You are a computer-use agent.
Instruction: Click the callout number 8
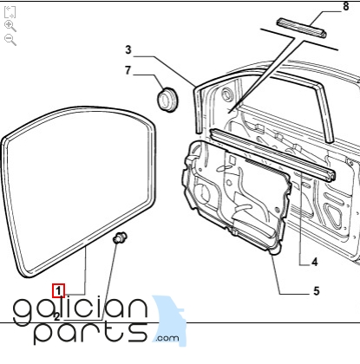(x=346, y=6)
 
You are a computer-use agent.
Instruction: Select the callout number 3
(x=128, y=50)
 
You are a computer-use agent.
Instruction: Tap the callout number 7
(x=128, y=70)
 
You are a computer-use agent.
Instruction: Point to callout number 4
(x=315, y=263)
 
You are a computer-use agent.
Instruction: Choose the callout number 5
(x=317, y=291)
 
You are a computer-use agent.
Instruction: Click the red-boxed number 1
(x=58, y=290)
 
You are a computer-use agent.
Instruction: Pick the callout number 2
(x=56, y=317)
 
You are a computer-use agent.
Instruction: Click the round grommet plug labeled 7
(x=167, y=100)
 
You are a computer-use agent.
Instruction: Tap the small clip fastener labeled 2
(x=120, y=237)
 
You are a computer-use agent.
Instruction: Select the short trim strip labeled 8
(x=301, y=28)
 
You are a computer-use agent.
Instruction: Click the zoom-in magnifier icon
(x=10, y=26)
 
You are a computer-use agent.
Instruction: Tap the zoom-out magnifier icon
(x=10, y=40)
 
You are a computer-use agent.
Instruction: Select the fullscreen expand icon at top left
(x=10, y=12)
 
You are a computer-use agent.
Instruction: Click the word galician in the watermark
(x=81, y=309)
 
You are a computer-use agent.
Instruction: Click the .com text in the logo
(x=167, y=338)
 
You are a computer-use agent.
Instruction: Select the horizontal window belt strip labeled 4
(x=272, y=154)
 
